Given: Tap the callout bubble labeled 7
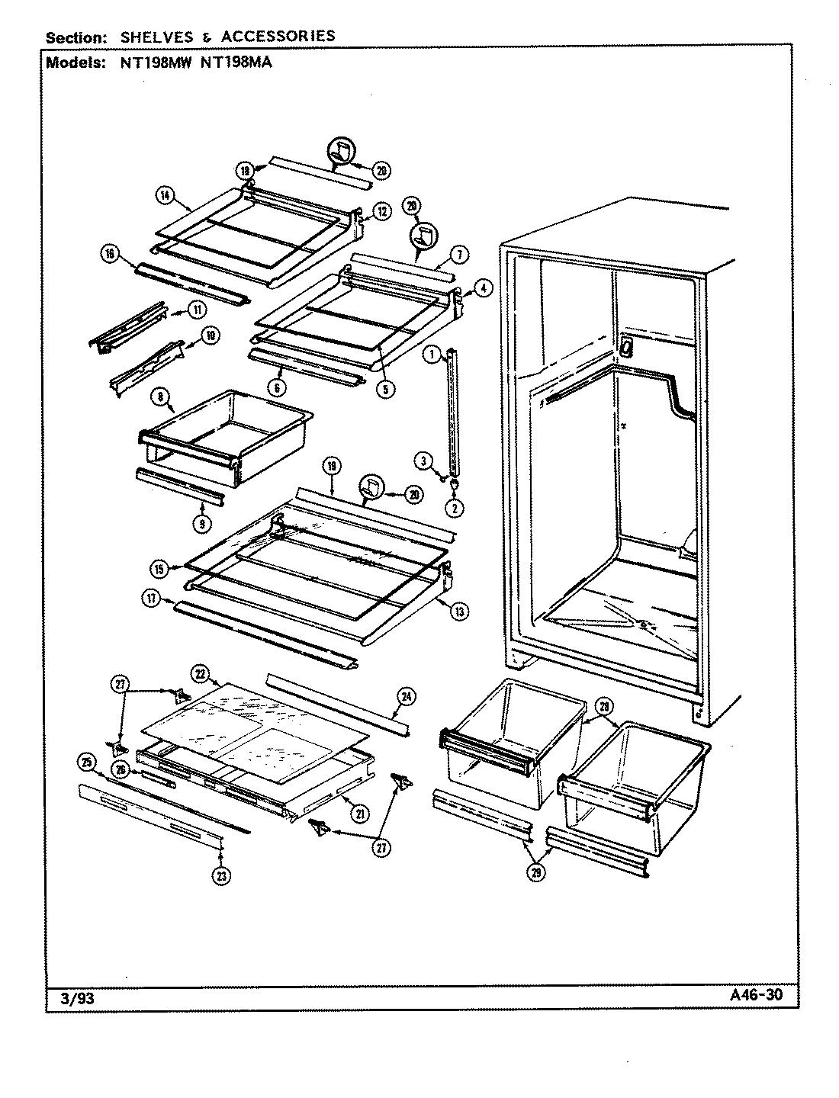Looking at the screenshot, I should pos(462,254).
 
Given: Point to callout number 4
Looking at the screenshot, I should pos(486,288).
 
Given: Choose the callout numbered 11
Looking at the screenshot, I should pos(198,310).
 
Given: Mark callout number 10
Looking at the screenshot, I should pos(209,334).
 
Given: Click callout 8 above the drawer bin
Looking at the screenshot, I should pos(162,397).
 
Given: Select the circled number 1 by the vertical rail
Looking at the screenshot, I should pos(432,353).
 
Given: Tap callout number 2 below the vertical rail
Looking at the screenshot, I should pos(455,507).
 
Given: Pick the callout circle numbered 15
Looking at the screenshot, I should pos(159,568).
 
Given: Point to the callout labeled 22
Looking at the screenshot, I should pos(201,673).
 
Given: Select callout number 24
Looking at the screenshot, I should pos(407,695).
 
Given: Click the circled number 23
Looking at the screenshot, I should pos(221,876).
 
